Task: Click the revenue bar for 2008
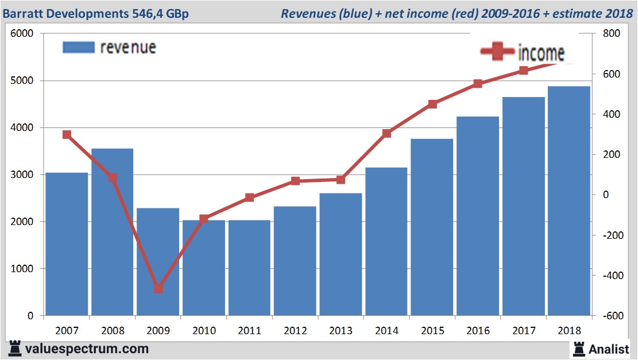pyautogui.click(x=112, y=232)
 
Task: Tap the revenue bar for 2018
pyautogui.click(x=569, y=201)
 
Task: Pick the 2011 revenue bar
pyautogui.click(x=249, y=268)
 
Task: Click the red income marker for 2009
pyautogui.click(x=158, y=289)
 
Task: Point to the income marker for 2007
pyautogui.click(x=67, y=135)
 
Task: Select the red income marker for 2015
pyautogui.click(x=432, y=104)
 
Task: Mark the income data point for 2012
pyautogui.click(x=295, y=181)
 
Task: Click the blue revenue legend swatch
pyautogui.click(x=78, y=47)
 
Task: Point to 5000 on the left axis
pyautogui.click(x=22, y=81)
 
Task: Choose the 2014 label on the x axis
pyautogui.click(x=386, y=331)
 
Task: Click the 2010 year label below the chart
pyautogui.click(x=204, y=331)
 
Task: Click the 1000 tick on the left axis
pyautogui.click(x=22, y=269)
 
